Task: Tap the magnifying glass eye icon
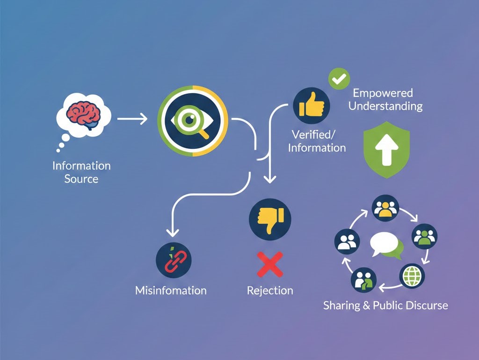click(x=193, y=120)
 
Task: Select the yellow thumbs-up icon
click(x=311, y=106)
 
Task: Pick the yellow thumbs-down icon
click(x=270, y=219)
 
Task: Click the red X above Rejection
click(x=270, y=264)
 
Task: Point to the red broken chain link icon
click(x=174, y=260)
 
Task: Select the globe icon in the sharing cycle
click(x=412, y=277)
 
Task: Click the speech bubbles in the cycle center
click(x=386, y=246)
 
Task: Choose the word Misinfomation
click(x=171, y=290)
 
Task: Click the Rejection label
click(x=270, y=290)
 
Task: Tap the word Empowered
click(x=383, y=93)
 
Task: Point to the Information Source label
click(x=81, y=172)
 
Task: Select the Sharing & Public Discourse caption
click(x=385, y=305)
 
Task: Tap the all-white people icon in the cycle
click(x=348, y=242)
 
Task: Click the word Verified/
click(x=314, y=134)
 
